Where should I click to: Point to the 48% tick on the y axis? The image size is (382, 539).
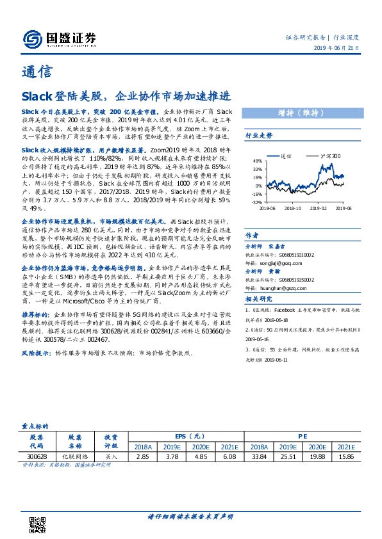[x=257, y=161]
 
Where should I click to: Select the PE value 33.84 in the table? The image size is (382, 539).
[x=259, y=457]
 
